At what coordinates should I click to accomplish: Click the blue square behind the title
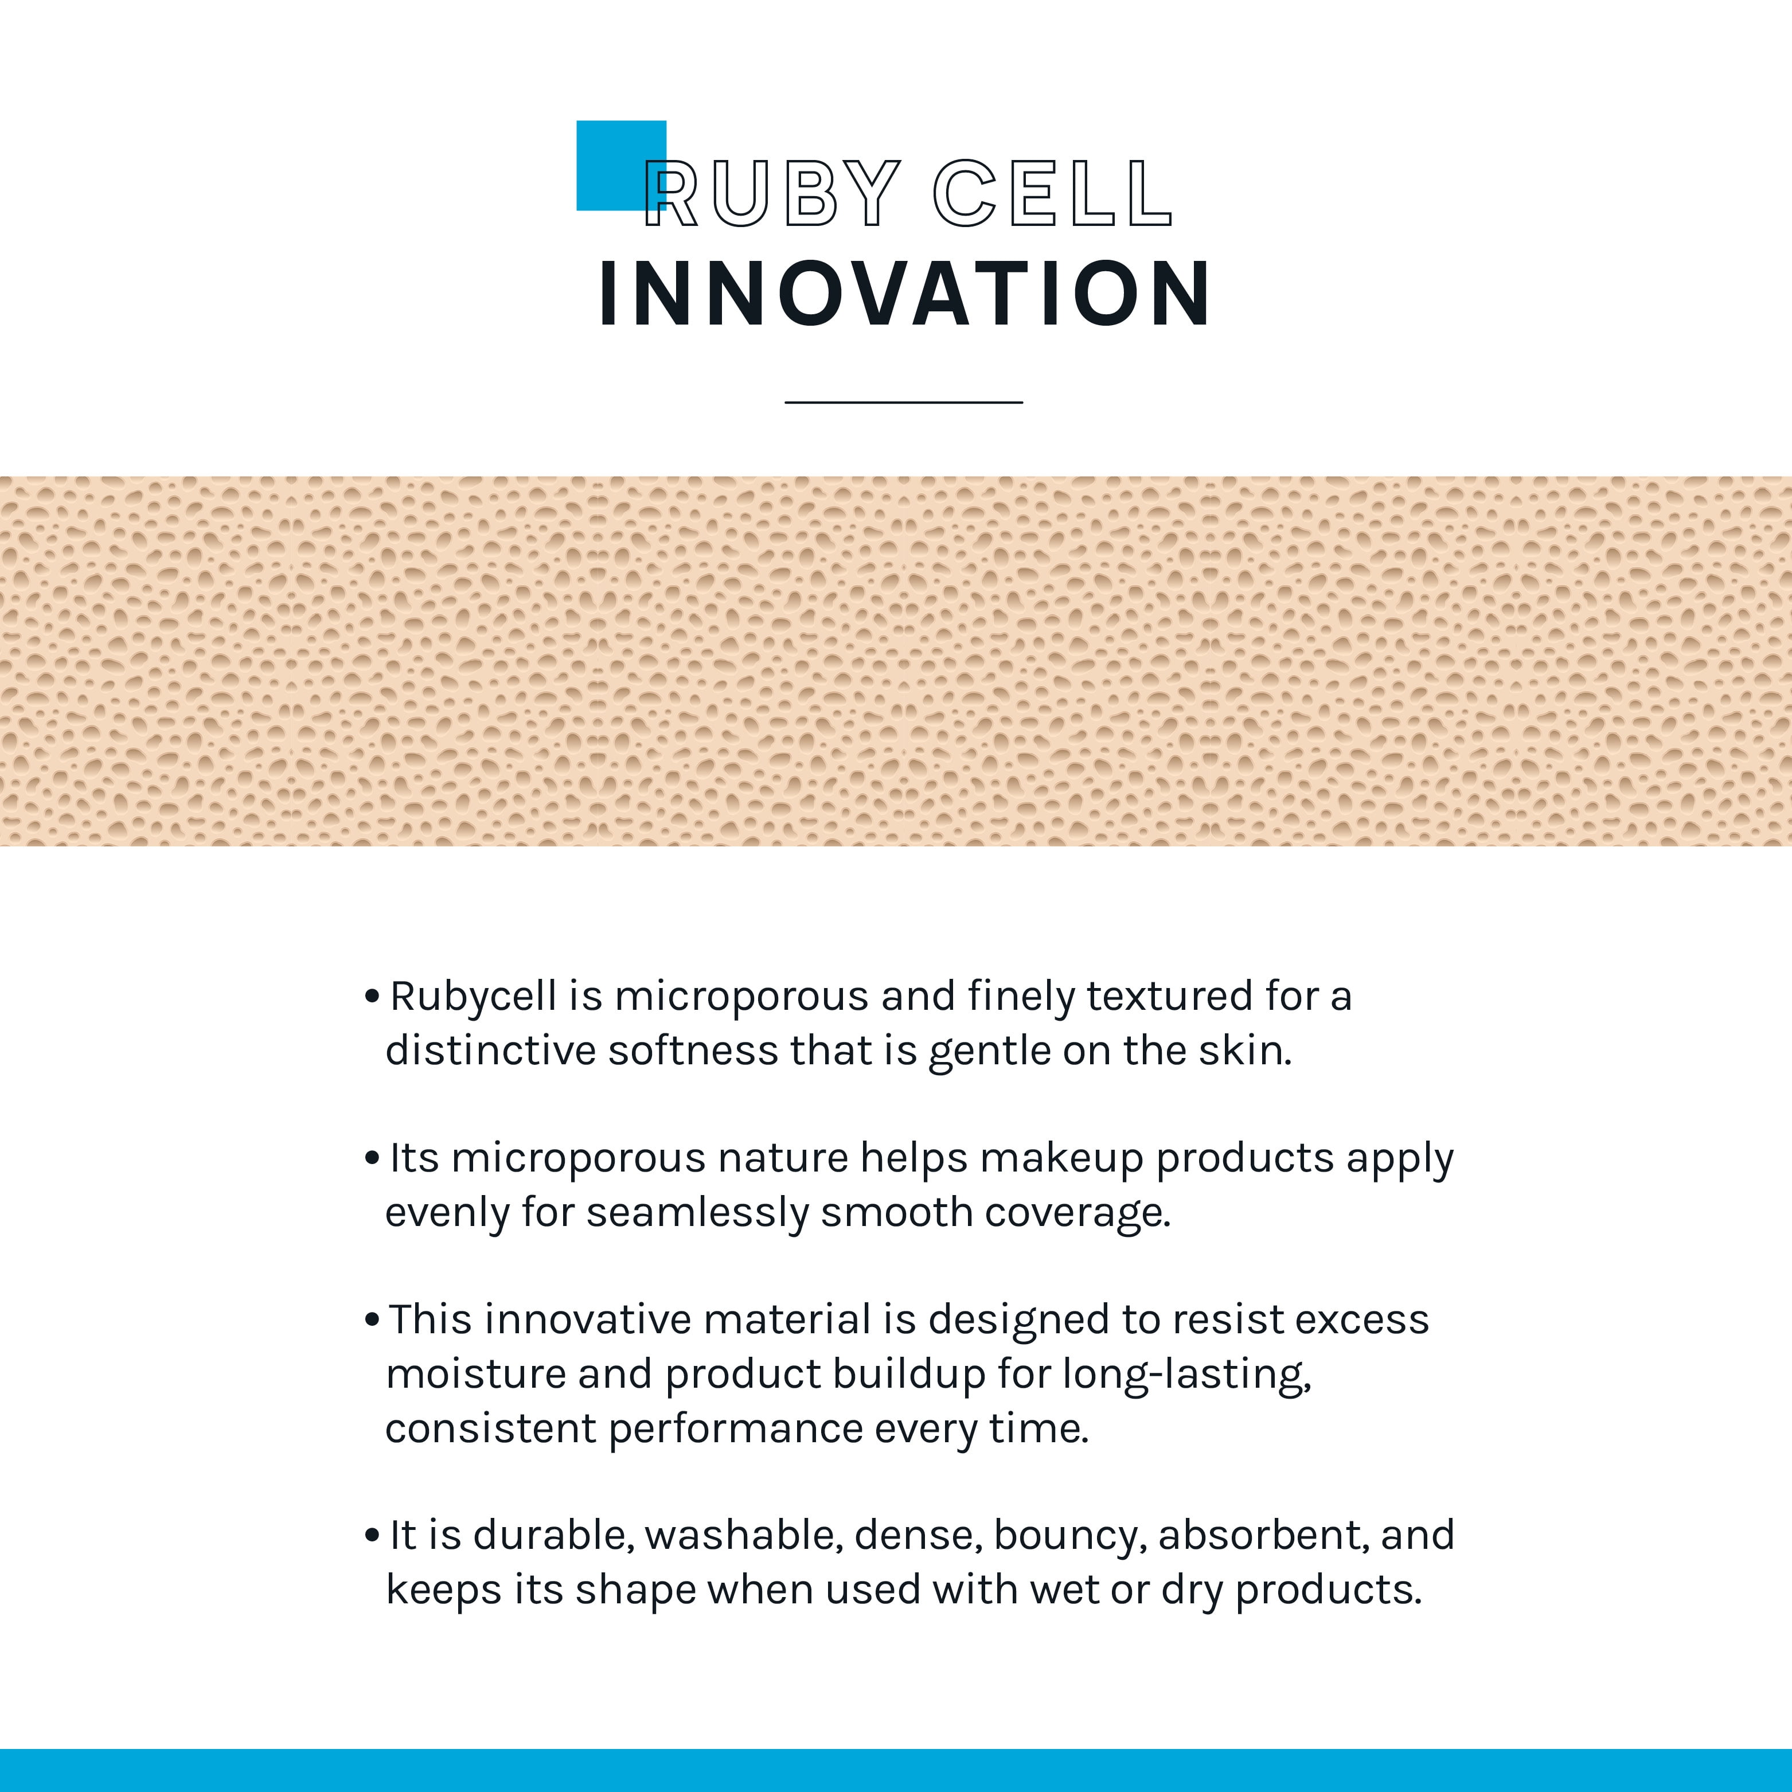pyautogui.click(x=620, y=165)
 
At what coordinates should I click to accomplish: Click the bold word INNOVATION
pyautogui.click(x=904, y=294)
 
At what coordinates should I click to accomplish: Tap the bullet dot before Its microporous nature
pyautogui.click(x=372, y=1158)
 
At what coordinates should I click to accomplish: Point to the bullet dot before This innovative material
pyautogui.click(x=372, y=1320)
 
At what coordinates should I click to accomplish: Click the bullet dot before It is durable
pyautogui.click(x=372, y=1536)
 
